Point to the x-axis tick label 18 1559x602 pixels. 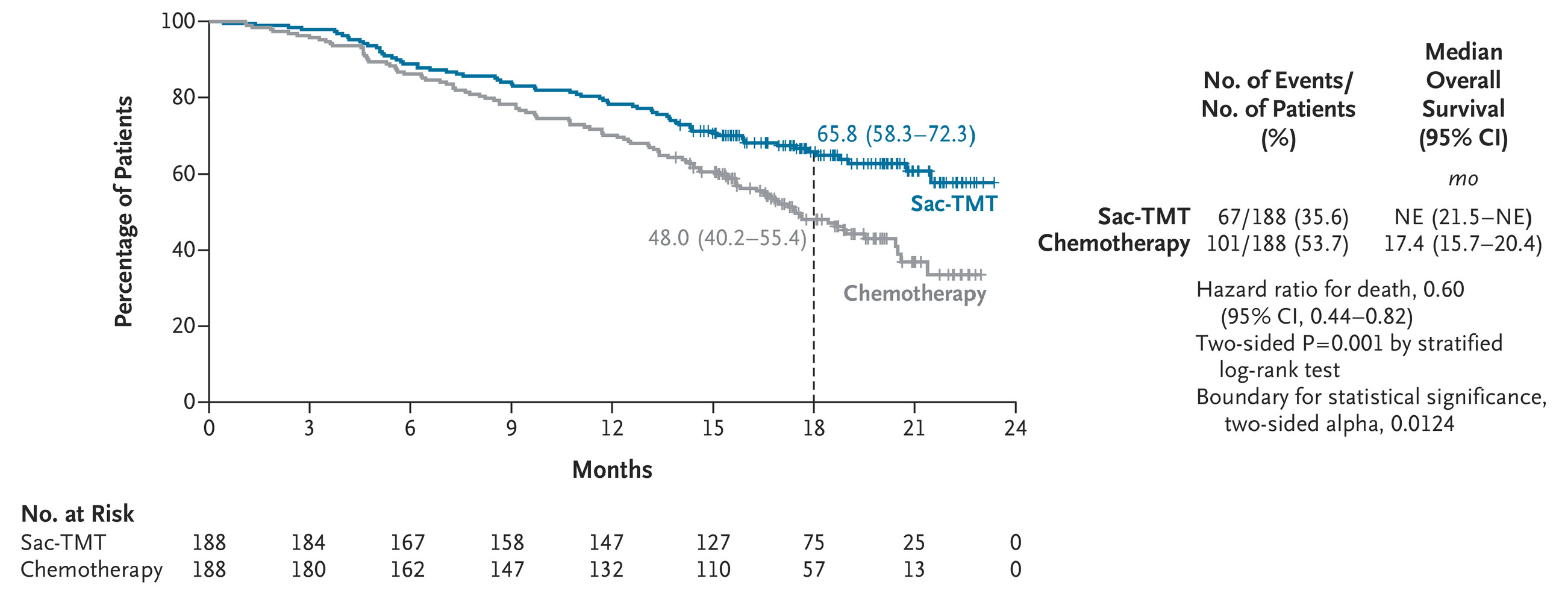pos(813,429)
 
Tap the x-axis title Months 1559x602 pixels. pos(612,470)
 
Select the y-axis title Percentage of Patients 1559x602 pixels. pos(123,212)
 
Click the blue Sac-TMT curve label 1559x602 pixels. pos(954,204)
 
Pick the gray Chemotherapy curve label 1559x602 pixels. pos(914,293)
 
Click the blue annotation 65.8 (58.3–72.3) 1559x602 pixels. pos(896,134)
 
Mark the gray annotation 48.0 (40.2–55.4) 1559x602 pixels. pos(728,238)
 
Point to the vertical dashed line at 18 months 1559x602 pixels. pos(813,315)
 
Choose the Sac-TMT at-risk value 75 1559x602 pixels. pos(813,542)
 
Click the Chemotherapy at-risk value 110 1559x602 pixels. pos(713,569)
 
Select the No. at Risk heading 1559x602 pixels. pos(78,513)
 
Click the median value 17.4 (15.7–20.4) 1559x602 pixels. pos(1463,243)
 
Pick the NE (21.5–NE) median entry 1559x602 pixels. pos(1463,217)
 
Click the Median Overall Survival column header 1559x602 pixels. pos(1463,95)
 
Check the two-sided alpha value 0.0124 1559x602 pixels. pos(1422,424)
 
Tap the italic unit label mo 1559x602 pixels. pos(1463,178)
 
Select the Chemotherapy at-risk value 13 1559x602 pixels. pos(914,569)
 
